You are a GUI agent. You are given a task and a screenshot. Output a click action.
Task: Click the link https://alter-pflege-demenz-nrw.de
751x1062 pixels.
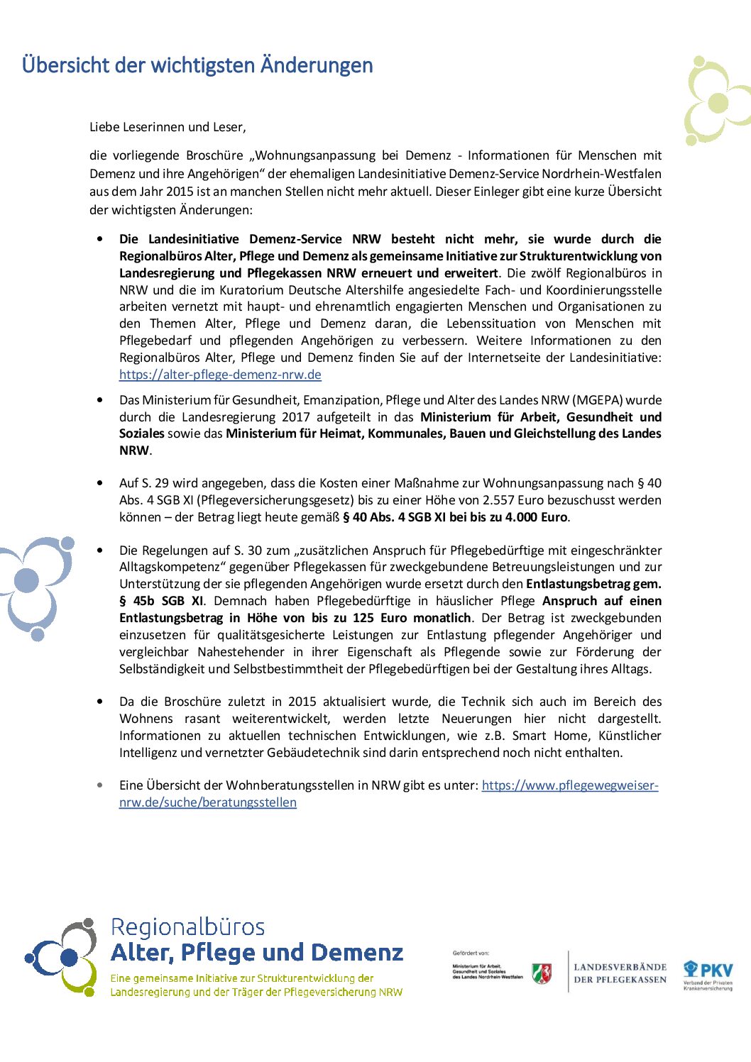[220, 375]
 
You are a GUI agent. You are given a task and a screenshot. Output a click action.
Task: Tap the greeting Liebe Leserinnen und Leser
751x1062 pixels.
[168, 127]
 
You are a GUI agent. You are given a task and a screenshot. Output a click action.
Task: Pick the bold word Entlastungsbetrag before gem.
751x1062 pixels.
[578, 584]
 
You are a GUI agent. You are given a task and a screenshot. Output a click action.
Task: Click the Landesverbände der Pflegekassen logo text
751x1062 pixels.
[620, 973]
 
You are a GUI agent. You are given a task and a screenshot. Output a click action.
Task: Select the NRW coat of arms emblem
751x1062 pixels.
[542, 973]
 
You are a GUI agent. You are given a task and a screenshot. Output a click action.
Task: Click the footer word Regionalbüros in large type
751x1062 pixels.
[187, 927]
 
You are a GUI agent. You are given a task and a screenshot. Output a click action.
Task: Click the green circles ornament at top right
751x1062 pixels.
[716, 101]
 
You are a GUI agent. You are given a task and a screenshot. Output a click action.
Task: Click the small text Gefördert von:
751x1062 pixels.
[471, 953]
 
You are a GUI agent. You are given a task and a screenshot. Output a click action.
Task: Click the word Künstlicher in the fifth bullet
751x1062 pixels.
[630, 736]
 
